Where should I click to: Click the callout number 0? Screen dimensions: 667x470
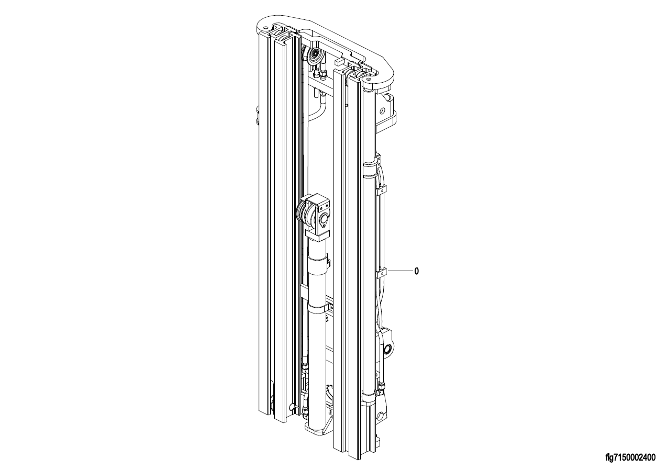coord(416,271)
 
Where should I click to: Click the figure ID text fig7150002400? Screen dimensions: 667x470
coord(630,457)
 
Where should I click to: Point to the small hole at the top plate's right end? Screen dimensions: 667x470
coord(369,80)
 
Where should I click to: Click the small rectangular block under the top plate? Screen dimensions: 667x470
coord(339,62)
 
